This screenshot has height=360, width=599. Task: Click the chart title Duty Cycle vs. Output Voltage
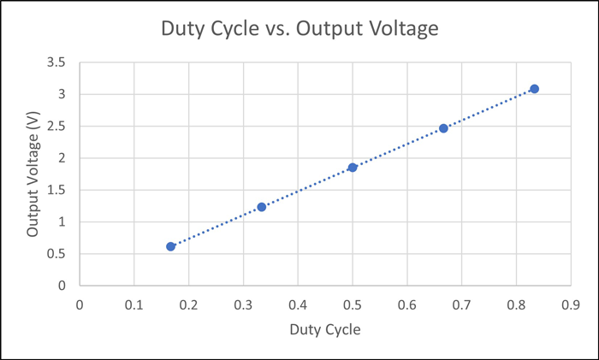[x=299, y=29]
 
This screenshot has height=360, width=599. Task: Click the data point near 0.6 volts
[x=171, y=246]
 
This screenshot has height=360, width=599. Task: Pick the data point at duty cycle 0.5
[x=353, y=168]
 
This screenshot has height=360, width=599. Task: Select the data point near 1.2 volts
[x=262, y=207]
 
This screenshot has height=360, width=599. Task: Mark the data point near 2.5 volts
[x=443, y=128]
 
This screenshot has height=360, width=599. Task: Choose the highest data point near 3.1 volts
[x=534, y=89]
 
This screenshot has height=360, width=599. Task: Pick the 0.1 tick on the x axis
[x=133, y=304]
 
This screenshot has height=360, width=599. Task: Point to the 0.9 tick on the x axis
[x=571, y=304]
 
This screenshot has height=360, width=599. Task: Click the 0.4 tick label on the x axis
[x=298, y=304]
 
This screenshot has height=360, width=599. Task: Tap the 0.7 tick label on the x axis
[x=461, y=304]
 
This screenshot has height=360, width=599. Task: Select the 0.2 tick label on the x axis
[x=188, y=304]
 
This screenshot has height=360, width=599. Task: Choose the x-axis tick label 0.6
[x=406, y=304]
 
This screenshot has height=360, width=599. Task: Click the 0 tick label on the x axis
[x=80, y=304]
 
